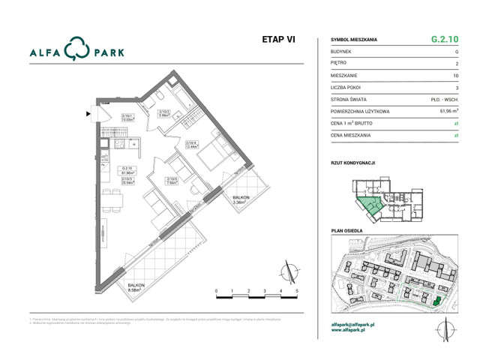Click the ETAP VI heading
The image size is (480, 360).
coord(279,40)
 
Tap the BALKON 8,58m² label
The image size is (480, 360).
coord(136,289)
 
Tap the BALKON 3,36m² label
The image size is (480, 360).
coord(241,199)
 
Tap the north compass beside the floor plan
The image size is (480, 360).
coord(287,268)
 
